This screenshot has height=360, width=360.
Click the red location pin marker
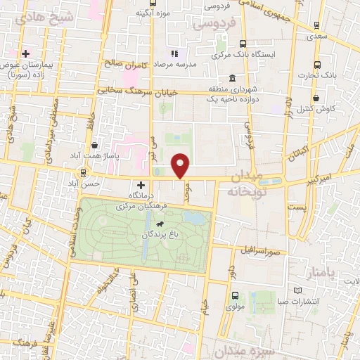pos(181,165)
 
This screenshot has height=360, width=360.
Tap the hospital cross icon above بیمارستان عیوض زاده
pos(26,53)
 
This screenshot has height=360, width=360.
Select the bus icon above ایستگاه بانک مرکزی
pos(243,43)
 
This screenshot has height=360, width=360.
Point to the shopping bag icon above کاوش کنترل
pos(318,98)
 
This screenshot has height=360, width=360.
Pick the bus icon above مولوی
pos(234,296)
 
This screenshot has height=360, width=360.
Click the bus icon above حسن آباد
pos(84,172)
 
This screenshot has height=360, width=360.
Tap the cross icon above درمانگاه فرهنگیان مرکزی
pos(141,184)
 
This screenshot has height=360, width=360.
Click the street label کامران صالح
pos(127,64)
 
